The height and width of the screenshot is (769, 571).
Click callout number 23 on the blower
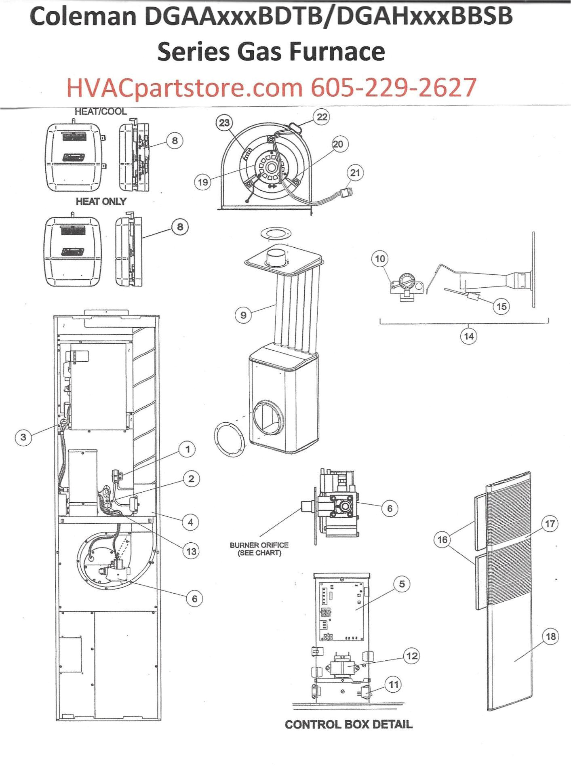224,122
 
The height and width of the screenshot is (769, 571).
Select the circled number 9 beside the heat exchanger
243,315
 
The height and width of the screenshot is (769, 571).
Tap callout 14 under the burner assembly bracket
469,336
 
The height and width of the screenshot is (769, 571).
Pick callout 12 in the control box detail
411,656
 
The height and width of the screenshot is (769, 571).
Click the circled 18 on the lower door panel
550,637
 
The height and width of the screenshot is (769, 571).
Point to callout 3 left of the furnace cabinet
23,437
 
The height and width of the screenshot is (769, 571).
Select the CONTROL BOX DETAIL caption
348,725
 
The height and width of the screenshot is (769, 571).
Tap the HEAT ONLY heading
101,201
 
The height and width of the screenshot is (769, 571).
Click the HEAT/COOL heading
100,112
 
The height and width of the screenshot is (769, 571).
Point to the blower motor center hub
271,167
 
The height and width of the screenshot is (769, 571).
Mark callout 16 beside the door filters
442,539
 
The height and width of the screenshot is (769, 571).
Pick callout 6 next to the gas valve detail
390,508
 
